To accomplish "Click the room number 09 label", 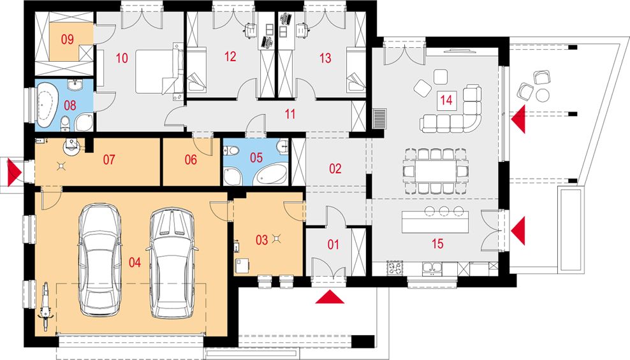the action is point(68,40).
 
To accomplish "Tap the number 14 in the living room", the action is point(446,99).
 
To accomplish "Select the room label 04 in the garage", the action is point(135,263).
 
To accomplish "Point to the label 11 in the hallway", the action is point(290,114).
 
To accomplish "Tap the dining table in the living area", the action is point(436,171).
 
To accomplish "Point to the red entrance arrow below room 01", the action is point(330,298).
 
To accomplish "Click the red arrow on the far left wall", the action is point(15,172).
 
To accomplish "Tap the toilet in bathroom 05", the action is point(232,151).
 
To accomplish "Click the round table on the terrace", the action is point(542,95).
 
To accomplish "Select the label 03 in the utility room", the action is point(261,240).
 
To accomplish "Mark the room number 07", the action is point(109,160).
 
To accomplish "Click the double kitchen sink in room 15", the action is point(432,268).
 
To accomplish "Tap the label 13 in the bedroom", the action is point(325,58).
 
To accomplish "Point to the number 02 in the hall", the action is point(335,169).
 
